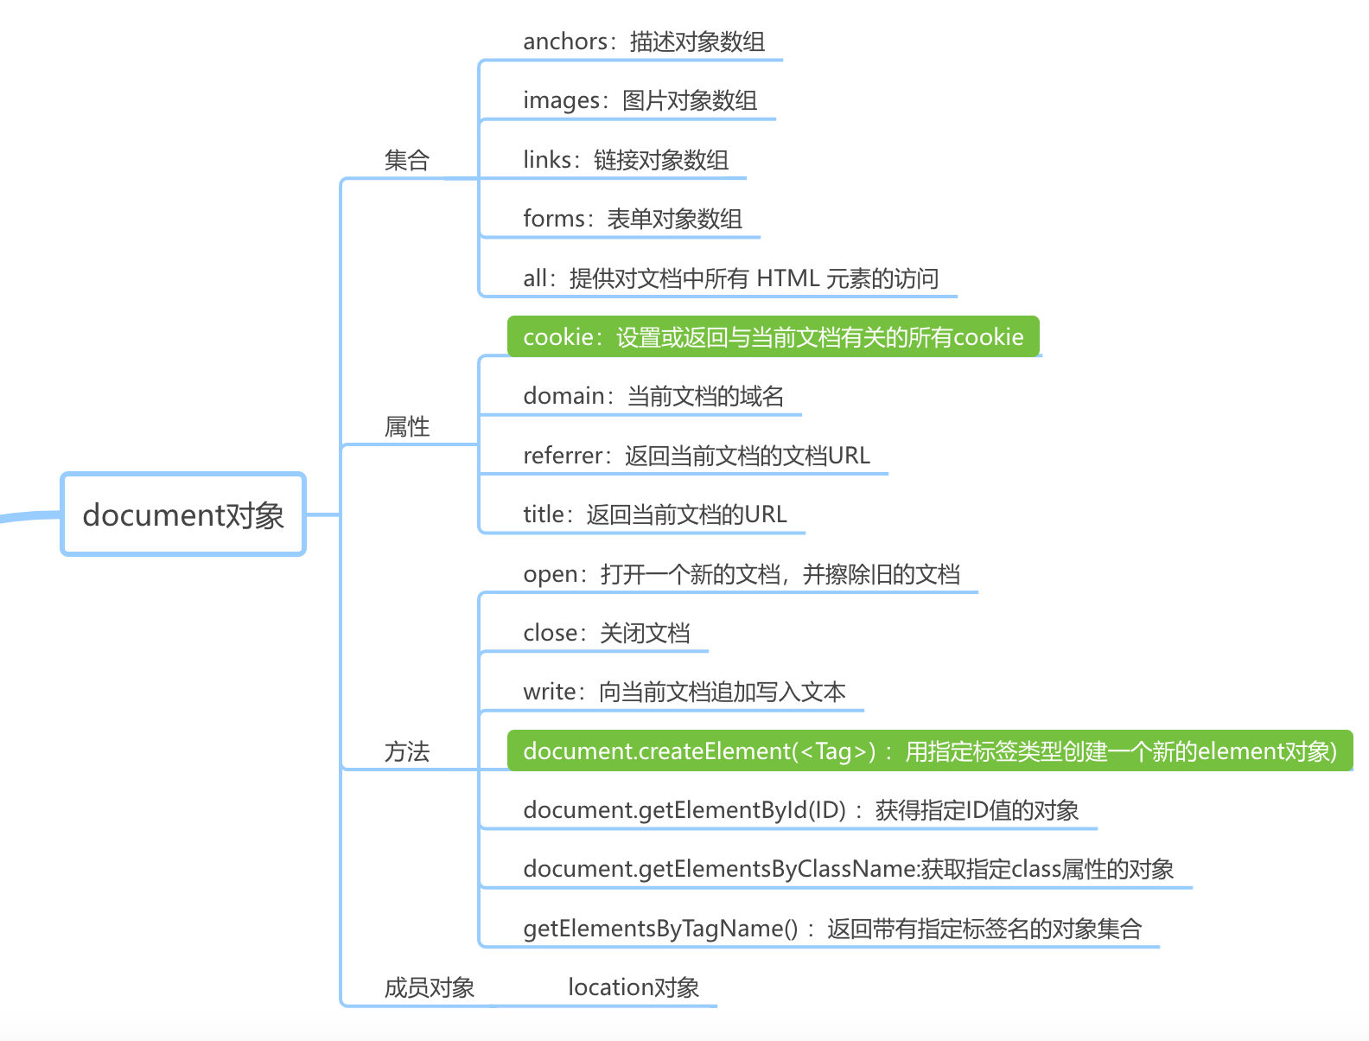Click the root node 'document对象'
(x=183, y=514)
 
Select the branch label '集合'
(x=406, y=160)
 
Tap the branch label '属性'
(x=406, y=426)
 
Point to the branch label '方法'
(x=406, y=751)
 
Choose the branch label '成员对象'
(x=429, y=987)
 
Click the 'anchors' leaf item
(x=643, y=42)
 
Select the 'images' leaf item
(x=640, y=100)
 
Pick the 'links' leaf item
(x=625, y=160)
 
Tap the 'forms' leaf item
(x=632, y=219)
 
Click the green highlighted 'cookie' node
(x=773, y=336)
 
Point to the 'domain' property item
(x=653, y=396)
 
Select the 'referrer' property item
(x=696, y=456)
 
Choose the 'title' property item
(x=654, y=514)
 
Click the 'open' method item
(x=741, y=574)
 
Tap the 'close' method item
(x=606, y=633)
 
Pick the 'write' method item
(x=684, y=692)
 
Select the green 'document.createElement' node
(x=929, y=750)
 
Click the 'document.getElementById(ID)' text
(x=684, y=810)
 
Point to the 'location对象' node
(x=633, y=987)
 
